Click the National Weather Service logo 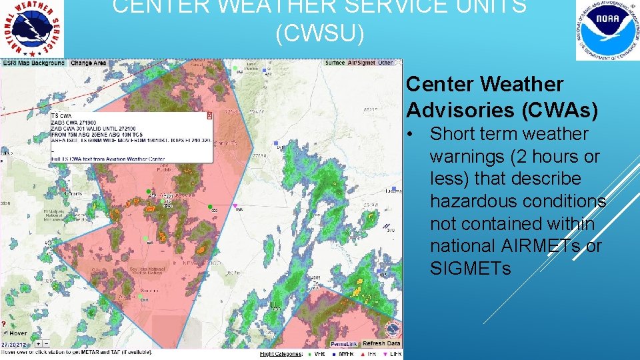point(32,29)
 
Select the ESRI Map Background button point(34,63)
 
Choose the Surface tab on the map point(335,63)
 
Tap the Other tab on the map point(385,63)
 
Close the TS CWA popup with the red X point(209,115)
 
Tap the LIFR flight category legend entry point(392,353)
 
